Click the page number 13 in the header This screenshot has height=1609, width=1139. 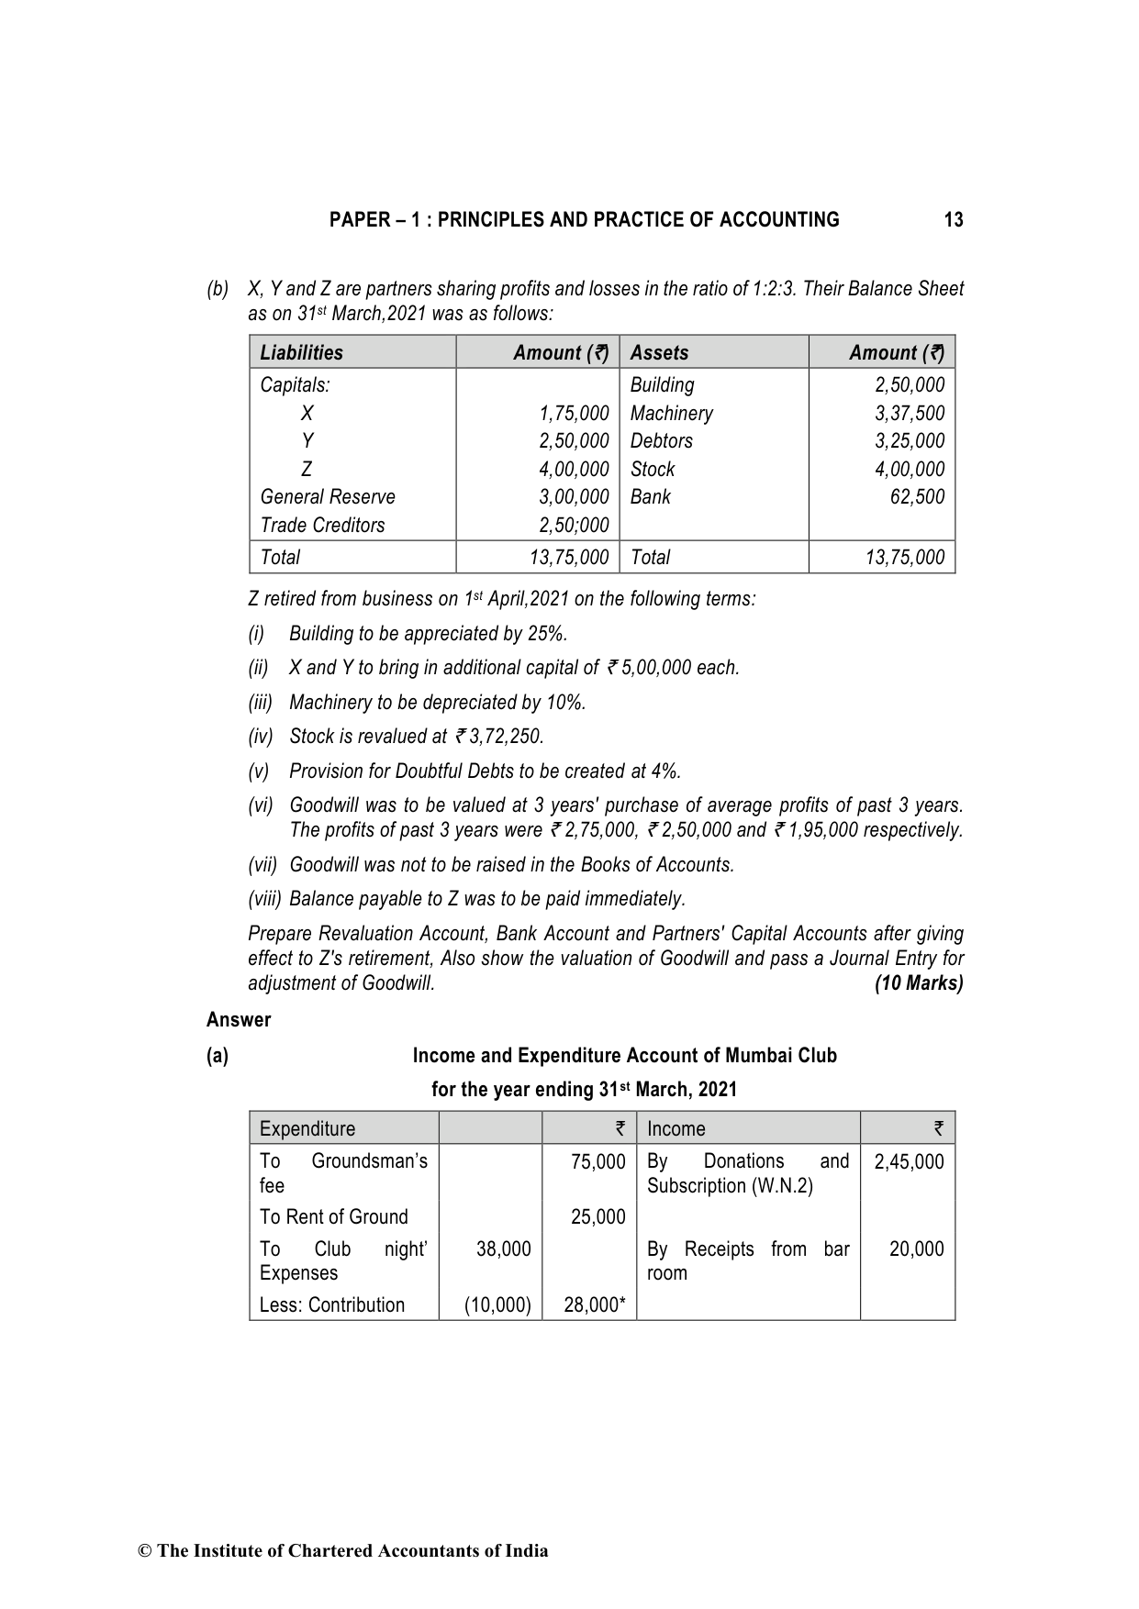tap(954, 220)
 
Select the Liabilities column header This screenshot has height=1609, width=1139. tap(301, 353)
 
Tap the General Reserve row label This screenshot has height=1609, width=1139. tap(328, 497)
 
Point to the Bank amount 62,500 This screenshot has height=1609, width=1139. tap(917, 497)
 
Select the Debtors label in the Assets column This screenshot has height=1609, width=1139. tap(661, 441)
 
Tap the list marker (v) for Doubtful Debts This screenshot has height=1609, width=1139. tap(259, 771)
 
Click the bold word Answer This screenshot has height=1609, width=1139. tap(239, 1020)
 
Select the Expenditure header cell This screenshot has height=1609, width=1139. tap(307, 1129)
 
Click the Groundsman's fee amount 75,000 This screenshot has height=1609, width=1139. tap(597, 1162)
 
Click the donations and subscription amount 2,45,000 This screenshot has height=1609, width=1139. tap(909, 1162)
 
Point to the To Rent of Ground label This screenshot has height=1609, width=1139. tap(333, 1217)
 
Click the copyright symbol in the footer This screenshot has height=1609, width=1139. tap(144, 1551)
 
